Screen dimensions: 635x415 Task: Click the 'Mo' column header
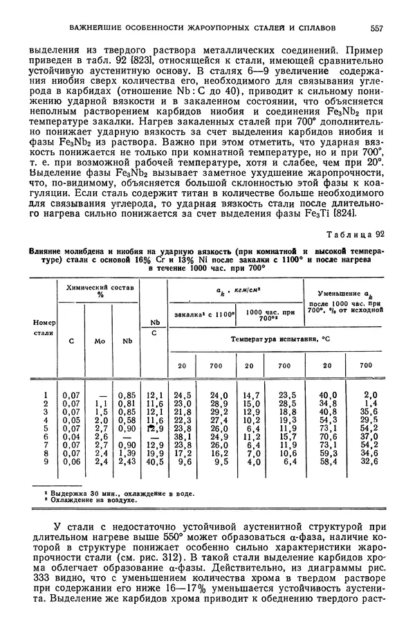pyautogui.click(x=99, y=340)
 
